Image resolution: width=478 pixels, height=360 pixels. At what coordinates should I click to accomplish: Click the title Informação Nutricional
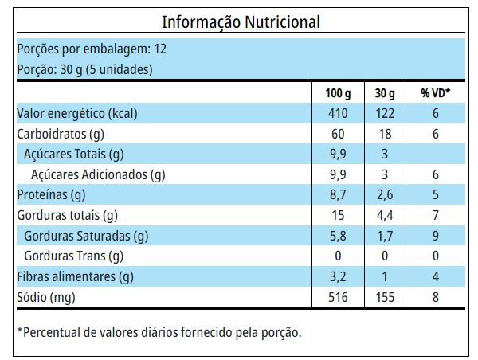[241, 22]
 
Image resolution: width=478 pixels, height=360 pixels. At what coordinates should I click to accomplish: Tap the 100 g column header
[338, 93]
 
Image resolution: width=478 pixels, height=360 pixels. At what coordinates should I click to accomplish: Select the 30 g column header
[386, 93]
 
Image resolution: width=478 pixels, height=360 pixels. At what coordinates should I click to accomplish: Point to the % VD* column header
[436, 93]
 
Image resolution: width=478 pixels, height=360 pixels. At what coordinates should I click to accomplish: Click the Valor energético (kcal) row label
[77, 113]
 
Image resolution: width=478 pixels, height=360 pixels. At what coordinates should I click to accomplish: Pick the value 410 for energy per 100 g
[338, 113]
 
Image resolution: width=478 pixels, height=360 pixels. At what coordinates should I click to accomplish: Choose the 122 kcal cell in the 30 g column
[386, 113]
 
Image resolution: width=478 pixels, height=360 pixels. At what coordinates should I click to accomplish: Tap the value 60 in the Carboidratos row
[338, 134]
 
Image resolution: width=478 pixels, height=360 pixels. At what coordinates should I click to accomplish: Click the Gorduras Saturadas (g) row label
[86, 237]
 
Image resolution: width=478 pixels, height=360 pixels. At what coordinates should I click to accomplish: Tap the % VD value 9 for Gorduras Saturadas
[436, 237]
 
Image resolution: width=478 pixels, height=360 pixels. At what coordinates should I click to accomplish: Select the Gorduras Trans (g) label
[74, 256]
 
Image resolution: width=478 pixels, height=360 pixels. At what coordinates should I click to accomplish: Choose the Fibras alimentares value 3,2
[338, 277]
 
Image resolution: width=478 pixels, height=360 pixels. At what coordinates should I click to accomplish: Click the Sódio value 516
[338, 298]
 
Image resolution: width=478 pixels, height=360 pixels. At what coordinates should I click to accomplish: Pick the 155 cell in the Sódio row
[386, 298]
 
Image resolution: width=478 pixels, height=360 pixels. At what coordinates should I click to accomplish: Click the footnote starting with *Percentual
[159, 332]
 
